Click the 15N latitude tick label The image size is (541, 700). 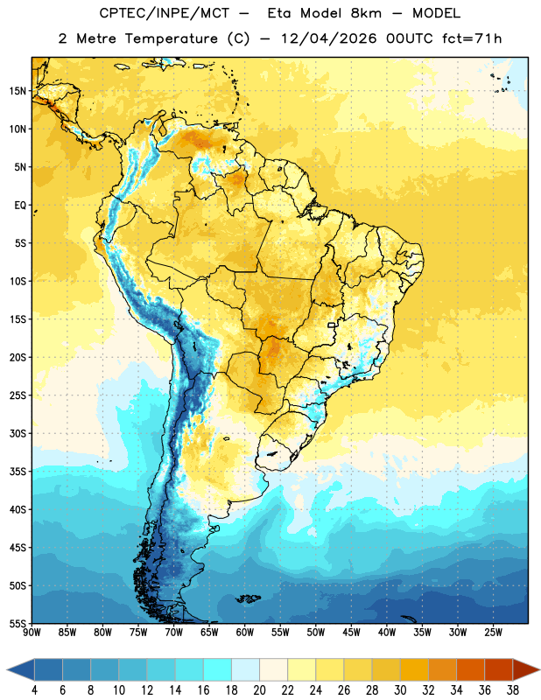pyautogui.click(x=18, y=91)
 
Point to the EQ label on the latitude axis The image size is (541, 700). pyautogui.click(x=20, y=206)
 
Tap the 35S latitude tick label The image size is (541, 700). pyautogui.click(x=18, y=472)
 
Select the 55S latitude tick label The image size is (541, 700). pyautogui.click(x=18, y=623)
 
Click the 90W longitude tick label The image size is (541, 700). pyautogui.click(x=32, y=633)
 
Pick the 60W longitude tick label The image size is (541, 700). pyautogui.click(x=245, y=633)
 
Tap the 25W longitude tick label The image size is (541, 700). pyautogui.click(x=493, y=633)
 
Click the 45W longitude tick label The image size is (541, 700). pyautogui.click(x=351, y=633)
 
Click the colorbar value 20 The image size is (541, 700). pyautogui.click(x=259, y=690)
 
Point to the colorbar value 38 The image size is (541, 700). pyautogui.click(x=512, y=690)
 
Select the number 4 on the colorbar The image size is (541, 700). pyautogui.click(x=34, y=690)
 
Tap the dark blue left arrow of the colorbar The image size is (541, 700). pyautogui.click(x=21, y=669)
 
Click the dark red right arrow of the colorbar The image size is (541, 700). pyautogui.click(x=526, y=669)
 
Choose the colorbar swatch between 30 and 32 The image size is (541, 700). pyautogui.click(x=414, y=669)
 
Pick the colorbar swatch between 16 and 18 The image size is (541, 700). pyautogui.click(x=218, y=669)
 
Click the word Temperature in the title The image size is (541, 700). pyautogui.click(x=171, y=38)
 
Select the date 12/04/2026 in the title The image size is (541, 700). pyautogui.click(x=328, y=38)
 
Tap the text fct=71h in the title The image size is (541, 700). pyautogui.click(x=472, y=38)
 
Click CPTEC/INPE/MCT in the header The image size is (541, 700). pyautogui.click(x=165, y=13)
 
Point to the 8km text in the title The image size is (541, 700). pyautogui.click(x=366, y=13)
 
